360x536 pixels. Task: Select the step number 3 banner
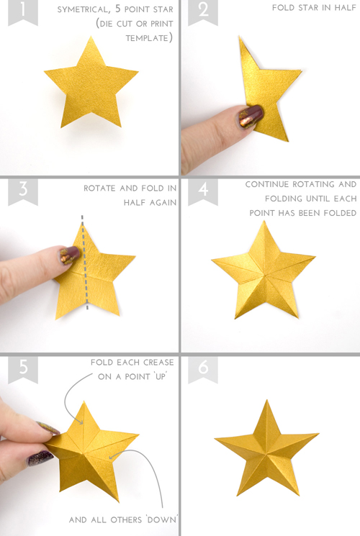(x=22, y=191)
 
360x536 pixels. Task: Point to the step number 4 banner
(x=203, y=191)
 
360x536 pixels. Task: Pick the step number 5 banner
(x=22, y=369)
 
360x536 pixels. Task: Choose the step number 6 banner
(x=203, y=369)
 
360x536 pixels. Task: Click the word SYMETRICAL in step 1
(x=84, y=9)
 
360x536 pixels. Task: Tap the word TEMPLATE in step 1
(x=147, y=38)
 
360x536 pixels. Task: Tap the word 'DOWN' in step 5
(x=161, y=520)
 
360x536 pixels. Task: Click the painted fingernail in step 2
(x=251, y=117)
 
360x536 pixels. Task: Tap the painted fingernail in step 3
(x=69, y=255)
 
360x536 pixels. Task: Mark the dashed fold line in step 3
(x=84, y=263)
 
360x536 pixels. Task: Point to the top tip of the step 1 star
(x=91, y=36)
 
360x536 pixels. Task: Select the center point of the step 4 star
(x=265, y=274)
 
